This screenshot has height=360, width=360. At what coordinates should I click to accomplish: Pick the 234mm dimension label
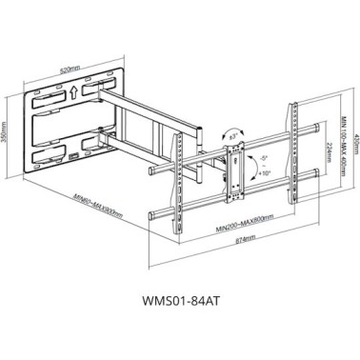point(328,153)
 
